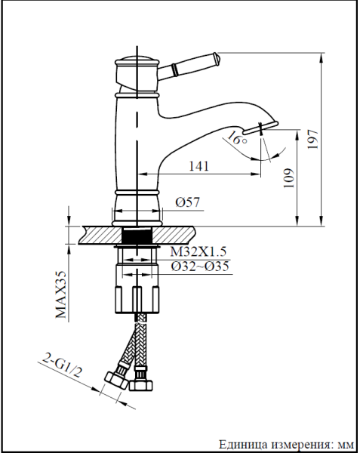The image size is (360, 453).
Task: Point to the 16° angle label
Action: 236,140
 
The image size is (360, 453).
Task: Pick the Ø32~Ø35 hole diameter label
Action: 200,266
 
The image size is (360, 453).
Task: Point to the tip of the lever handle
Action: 216,57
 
